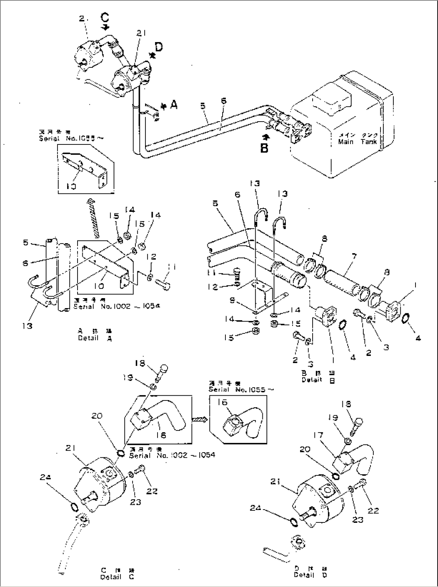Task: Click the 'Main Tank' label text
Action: click(357, 141)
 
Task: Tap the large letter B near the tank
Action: click(264, 148)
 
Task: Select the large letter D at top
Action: click(159, 47)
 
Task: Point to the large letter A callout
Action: click(174, 105)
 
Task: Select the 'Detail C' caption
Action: click(117, 577)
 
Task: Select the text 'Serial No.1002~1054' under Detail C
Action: click(172, 455)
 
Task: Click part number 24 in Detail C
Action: click(45, 477)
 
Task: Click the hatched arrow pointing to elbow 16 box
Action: click(199, 419)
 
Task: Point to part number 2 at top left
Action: click(81, 18)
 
